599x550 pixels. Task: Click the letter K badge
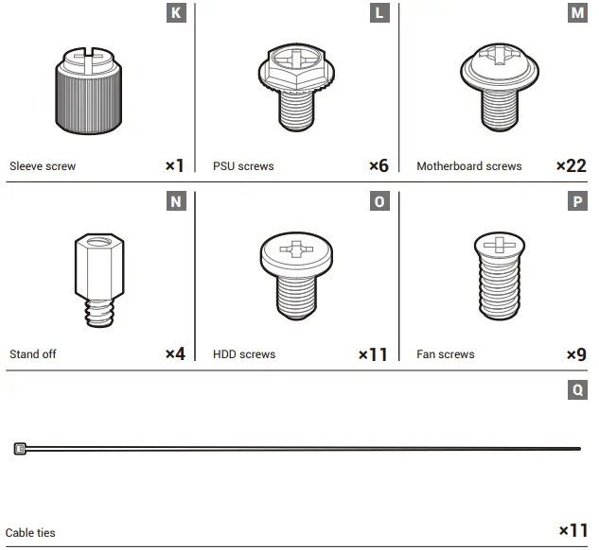pyautogui.click(x=176, y=13)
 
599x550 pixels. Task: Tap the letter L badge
pyautogui.click(x=379, y=13)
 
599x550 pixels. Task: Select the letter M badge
pyautogui.click(x=577, y=13)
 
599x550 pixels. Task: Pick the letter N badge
pyautogui.click(x=176, y=201)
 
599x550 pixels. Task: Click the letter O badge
pyautogui.click(x=379, y=201)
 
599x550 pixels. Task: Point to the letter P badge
pyautogui.click(x=577, y=201)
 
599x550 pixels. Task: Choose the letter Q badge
pyautogui.click(x=577, y=388)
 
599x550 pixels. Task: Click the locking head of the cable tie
pyautogui.click(x=20, y=449)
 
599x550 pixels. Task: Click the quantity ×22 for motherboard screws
pyautogui.click(x=571, y=165)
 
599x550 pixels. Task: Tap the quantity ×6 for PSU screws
pyautogui.click(x=379, y=165)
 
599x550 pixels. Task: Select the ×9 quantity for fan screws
pyautogui.click(x=576, y=354)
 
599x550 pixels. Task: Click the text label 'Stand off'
pyautogui.click(x=33, y=354)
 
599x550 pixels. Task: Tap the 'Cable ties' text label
pyautogui.click(x=30, y=533)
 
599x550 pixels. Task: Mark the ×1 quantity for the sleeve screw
pyautogui.click(x=175, y=165)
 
